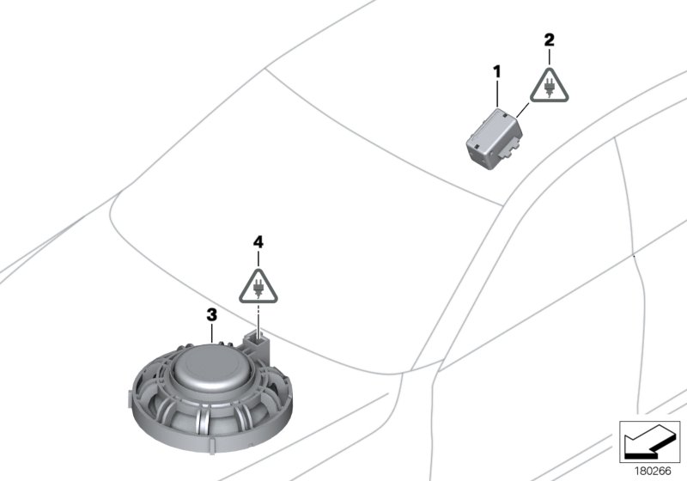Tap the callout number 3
point(210,315)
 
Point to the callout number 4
point(258,244)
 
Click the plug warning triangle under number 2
point(550,84)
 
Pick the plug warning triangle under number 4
point(258,283)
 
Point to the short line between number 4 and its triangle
point(258,258)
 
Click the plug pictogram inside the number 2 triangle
point(550,87)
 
